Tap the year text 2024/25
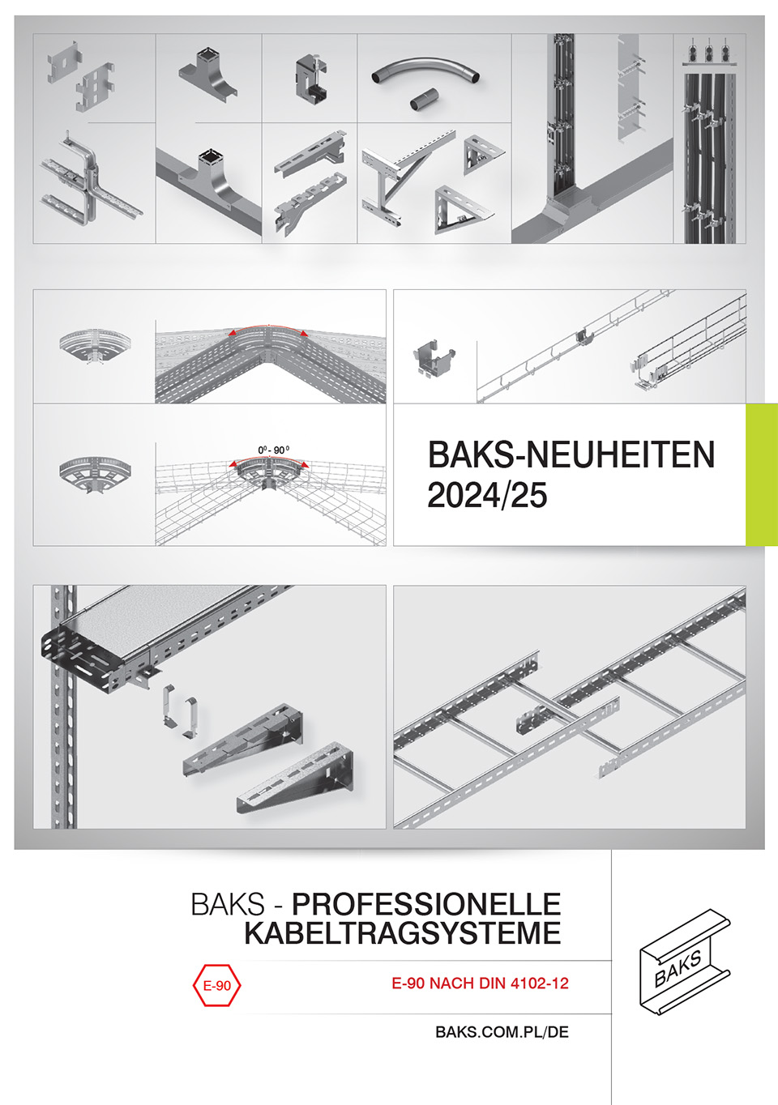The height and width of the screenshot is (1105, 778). pos(487,495)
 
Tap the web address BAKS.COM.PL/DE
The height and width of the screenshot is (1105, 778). pos(502,1032)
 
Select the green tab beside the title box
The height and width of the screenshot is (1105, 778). pos(761,475)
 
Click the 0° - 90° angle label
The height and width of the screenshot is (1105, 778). pos(274,450)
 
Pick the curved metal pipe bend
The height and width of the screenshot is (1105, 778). pos(425,70)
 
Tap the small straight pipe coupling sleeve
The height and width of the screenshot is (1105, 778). pos(424,99)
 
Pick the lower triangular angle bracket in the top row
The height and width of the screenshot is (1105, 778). pos(464,210)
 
